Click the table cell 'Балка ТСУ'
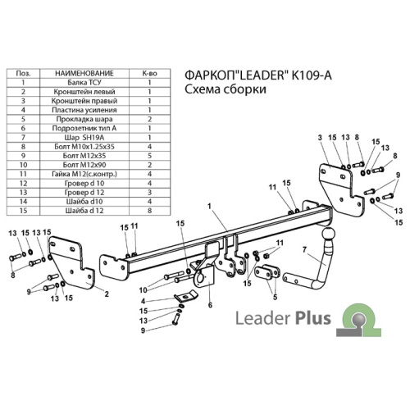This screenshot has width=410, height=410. pyautogui.click(x=84, y=83)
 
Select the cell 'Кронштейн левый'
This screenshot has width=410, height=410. pyautogui.click(x=84, y=92)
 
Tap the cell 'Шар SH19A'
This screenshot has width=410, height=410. pyautogui.click(x=84, y=138)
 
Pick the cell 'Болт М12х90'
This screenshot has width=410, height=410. pyautogui.click(x=84, y=165)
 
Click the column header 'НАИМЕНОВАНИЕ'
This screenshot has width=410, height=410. pyautogui.click(x=84, y=73)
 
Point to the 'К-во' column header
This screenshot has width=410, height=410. pyautogui.click(x=149, y=73)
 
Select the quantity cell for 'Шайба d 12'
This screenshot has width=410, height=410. pyautogui.click(x=149, y=211)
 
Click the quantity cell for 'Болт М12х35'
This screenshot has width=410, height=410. pyautogui.click(x=149, y=156)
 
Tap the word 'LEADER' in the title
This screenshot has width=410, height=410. pyautogui.click(x=261, y=75)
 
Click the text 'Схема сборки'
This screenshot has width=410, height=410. pyautogui.click(x=225, y=89)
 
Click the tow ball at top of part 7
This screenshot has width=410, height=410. pyautogui.click(x=328, y=235)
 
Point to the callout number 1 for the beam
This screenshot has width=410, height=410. pyautogui.click(x=209, y=207)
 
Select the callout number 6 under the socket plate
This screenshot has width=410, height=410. pyautogui.click(x=210, y=305)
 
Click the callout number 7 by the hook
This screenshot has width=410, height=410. pyautogui.click(x=304, y=249)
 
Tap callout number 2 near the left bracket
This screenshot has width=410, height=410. pyautogui.click(x=107, y=294)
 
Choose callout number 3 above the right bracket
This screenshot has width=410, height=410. pyautogui.click(x=320, y=138)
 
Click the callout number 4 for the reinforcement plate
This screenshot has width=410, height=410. pyautogui.click(x=143, y=301)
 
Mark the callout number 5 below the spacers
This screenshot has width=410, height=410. pyautogui.click(x=275, y=297)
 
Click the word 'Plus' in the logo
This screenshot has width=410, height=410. pyautogui.click(x=313, y=318)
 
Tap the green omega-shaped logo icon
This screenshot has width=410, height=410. pyautogui.click(x=358, y=320)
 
